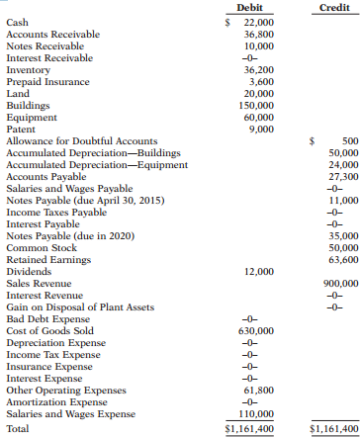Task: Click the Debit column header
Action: click(250, 7)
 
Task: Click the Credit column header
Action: click(333, 7)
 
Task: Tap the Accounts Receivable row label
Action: click(52, 34)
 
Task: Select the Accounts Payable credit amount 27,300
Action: click(341, 178)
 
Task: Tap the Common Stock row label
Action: click(39, 249)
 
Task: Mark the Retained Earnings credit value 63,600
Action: click(341, 261)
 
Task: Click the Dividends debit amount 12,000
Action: click(258, 272)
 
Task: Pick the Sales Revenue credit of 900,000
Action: click(339, 284)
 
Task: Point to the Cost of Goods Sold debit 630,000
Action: click(256, 331)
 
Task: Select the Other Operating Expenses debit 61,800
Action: click(258, 392)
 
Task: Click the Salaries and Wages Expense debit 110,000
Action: click(256, 415)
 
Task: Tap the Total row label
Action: click(18, 430)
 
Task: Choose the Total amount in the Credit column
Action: click(334, 430)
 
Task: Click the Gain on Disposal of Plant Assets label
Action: click(71, 307)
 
